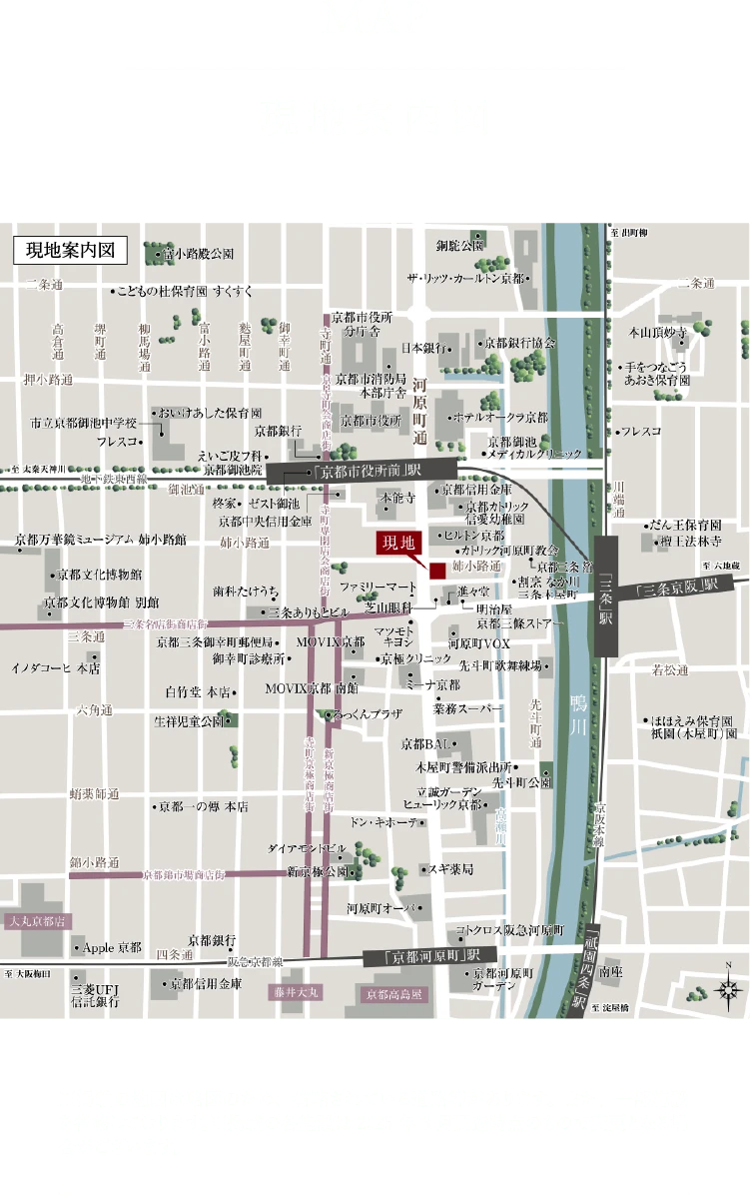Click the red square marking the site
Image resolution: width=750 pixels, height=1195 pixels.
[436, 571]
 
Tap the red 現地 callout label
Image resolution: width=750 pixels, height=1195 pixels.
[399, 543]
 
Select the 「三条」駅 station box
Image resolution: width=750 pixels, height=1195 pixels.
[606, 596]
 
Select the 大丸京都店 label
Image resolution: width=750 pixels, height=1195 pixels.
[36, 920]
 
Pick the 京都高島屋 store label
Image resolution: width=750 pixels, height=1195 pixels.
[394, 994]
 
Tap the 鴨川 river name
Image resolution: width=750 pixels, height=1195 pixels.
[578, 710]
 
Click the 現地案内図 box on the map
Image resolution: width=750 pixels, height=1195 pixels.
[70, 250]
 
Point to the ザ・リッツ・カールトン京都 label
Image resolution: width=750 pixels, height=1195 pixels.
[464, 278]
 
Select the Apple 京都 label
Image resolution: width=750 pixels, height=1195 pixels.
[111, 946]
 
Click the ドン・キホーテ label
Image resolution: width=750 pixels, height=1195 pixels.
[383, 822]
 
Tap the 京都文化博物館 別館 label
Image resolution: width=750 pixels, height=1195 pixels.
[99, 602]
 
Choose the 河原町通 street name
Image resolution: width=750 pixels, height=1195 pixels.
[420, 411]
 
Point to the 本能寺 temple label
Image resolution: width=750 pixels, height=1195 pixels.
[396, 497]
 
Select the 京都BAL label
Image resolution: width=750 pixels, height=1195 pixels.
[424, 743]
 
